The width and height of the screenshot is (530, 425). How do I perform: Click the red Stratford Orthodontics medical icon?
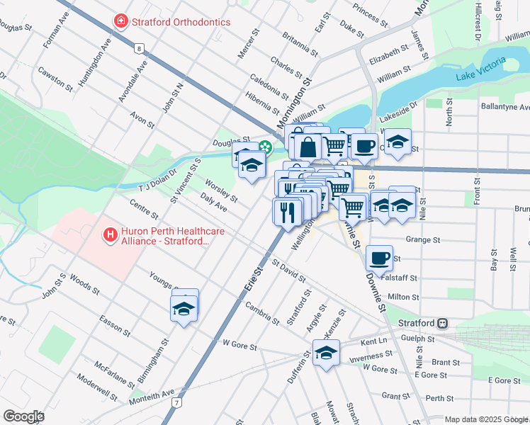coord(120,22)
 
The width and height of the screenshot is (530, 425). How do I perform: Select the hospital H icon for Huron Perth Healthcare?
coord(110,233)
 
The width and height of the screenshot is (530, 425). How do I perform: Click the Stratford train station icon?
coord(442,322)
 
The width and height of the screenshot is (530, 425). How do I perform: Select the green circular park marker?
coord(265,147)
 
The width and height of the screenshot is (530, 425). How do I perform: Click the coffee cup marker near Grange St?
coord(380,257)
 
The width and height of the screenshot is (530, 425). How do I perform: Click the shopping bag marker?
coord(308,147)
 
